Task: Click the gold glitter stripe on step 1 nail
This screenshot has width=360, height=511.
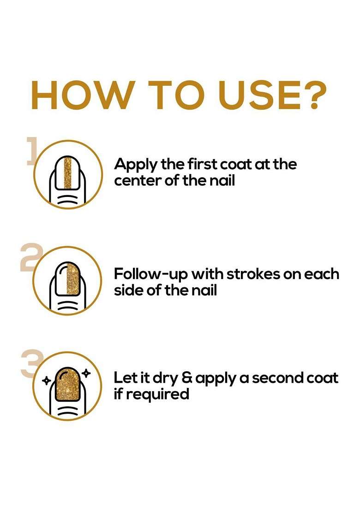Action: (67, 173)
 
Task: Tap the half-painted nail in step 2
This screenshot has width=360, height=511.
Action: (68, 278)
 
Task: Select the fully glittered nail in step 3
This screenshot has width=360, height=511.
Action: (68, 384)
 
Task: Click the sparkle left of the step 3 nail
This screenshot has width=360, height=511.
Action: (47, 380)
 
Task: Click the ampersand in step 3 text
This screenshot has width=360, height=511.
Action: (187, 378)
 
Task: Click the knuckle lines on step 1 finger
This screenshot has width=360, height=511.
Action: (68, 199)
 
